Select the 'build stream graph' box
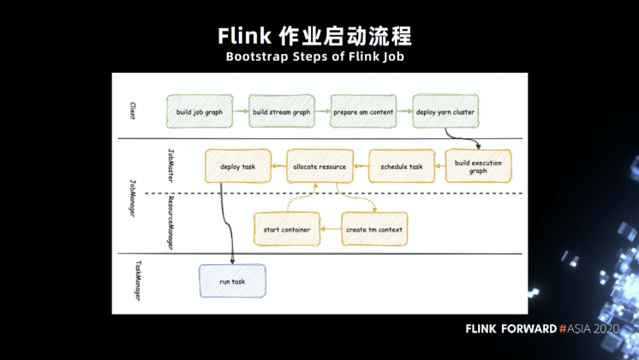click(282, 111)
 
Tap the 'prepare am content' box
click(363, 111)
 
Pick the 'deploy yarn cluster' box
click(445, 111)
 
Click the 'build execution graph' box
click(478, 166)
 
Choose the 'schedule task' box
click(402, 166)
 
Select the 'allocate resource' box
click(319, 166)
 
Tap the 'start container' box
click(287, 229)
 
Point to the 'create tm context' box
click(373, 229)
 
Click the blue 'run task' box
click(232, 281)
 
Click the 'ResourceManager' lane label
click(170, 221)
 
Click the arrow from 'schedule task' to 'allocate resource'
click(361, 166)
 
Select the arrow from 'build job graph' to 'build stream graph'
click(242, 111)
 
